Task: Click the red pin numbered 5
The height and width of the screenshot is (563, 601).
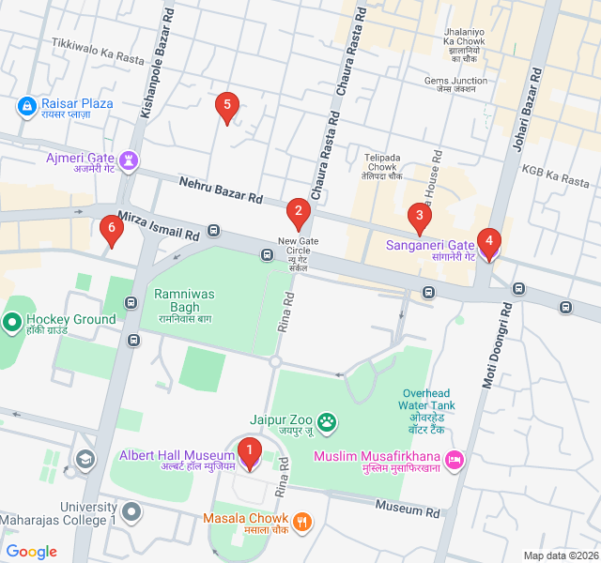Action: coord(224,108)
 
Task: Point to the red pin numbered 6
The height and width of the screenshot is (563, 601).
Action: coord(112,230)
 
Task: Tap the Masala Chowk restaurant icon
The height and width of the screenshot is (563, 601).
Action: coord(301,521)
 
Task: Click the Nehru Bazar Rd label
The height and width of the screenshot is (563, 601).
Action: coord(221,190)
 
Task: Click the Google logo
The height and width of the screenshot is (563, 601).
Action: coord(32,552)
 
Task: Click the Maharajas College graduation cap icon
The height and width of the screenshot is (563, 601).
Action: coord(85,458)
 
